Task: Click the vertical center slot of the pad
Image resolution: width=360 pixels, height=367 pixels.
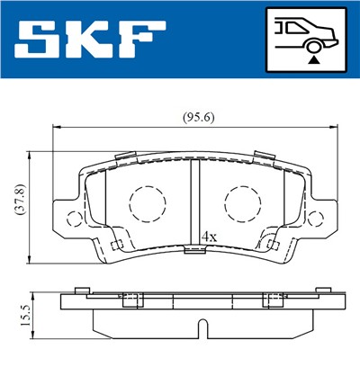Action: click(193, 202)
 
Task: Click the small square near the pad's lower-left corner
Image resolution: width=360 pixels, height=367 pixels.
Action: click(114, 246)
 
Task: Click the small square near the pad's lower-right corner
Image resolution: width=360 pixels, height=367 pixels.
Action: click(271, 246)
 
